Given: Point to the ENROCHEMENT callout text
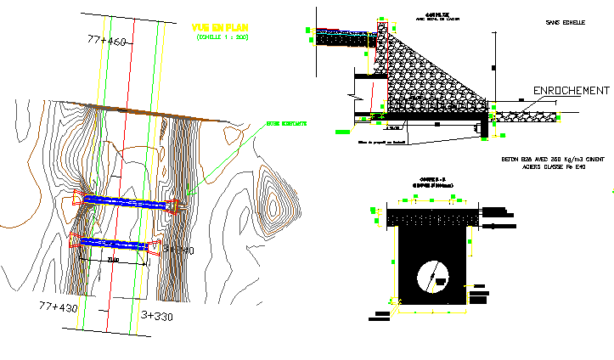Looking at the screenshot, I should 570,91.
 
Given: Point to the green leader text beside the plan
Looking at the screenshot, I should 286,124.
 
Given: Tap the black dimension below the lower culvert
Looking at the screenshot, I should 113,260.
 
